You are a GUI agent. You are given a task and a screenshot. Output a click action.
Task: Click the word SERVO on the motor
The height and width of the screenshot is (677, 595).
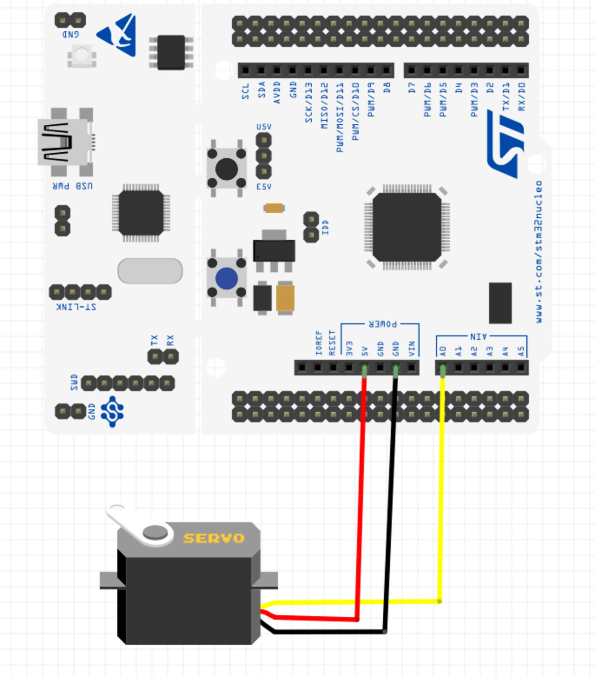[x=214, y=538]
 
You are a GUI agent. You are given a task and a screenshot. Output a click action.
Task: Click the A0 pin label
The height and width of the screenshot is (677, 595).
[x=443, y=351]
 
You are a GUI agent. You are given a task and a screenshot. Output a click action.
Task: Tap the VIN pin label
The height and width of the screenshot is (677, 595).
[x=412, y=348]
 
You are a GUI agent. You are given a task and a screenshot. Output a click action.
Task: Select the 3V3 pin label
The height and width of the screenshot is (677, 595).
[x=349, y=348]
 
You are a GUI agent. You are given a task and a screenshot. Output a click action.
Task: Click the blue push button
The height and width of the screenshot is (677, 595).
[x=227, y=278]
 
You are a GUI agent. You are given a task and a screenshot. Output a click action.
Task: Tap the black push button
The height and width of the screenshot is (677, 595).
[x=227, y=168]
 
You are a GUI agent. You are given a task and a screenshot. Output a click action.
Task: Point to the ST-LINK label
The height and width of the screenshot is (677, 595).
[x=76, y=307]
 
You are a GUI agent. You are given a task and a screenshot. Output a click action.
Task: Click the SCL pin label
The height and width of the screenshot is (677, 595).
[x=245, y=91]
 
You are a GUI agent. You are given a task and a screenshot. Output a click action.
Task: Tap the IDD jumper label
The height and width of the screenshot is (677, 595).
[x=325, y=227]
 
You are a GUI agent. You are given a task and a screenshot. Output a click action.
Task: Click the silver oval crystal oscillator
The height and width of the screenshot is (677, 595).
[x=150, y=271]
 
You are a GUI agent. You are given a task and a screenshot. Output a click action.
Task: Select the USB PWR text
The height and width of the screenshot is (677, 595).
[x=73, y=186]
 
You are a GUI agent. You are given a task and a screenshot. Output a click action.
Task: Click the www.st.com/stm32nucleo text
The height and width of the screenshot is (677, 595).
[x=539, y=251]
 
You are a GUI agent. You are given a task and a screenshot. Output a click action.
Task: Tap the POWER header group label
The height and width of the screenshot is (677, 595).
[x=382, y=324]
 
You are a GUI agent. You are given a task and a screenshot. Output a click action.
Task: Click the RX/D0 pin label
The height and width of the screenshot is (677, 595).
[x=521, y=97]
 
